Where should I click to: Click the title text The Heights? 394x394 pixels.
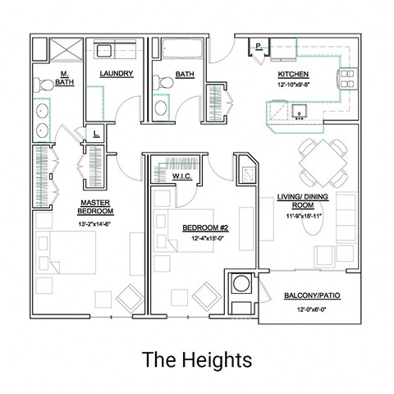point(196,360)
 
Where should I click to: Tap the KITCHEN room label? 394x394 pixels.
point(293,74)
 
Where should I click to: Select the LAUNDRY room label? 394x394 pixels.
point(117,74)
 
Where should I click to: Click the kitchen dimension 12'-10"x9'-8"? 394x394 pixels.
point(294,84)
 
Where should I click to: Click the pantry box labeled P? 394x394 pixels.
point(259,48)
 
